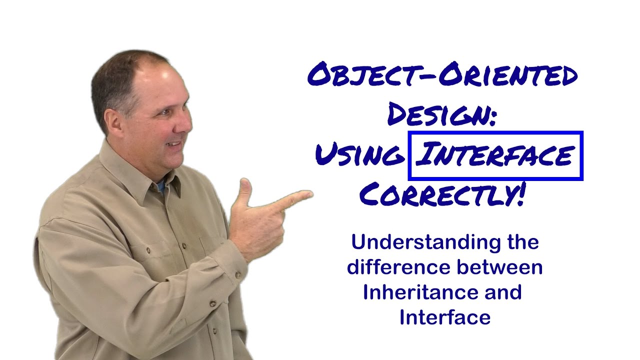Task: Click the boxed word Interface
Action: (495, 155)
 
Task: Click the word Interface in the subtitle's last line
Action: (444, 317)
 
